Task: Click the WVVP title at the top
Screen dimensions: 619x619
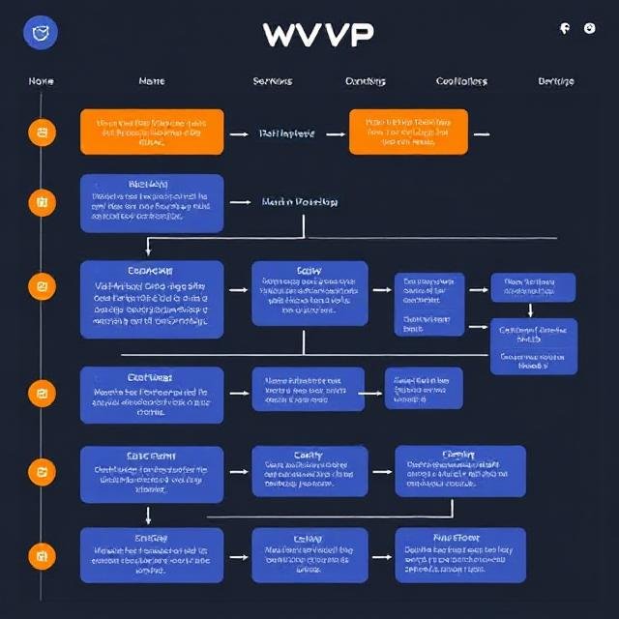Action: point(317,34)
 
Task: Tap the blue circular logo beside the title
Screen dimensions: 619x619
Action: point(41,34)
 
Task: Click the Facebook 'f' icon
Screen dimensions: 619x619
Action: point(565,29)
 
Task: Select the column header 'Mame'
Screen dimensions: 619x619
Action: point(152,81)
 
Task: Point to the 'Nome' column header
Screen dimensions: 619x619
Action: point(41,81)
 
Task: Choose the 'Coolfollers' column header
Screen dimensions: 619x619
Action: point(461,81)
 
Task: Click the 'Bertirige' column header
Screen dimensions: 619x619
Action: point(555,81)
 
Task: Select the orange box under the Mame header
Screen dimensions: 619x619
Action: point(152,132)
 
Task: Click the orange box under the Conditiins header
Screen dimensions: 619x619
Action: point(408,132)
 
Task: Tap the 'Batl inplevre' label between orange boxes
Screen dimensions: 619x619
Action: point(286,134)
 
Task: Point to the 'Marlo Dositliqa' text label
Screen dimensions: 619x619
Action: point(300,203)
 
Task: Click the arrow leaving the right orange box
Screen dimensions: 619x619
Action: point(481,134)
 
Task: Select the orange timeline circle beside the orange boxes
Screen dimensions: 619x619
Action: point(41,132)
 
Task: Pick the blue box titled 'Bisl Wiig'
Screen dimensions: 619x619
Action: point(152,203)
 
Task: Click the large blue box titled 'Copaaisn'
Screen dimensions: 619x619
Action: point(152,298)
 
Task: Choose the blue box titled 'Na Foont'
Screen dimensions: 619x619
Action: point(460,554)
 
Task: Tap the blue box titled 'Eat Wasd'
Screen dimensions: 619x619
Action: point(152,395)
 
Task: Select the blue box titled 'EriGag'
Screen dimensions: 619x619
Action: point(152,554)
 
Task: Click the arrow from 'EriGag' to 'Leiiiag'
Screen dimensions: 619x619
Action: point(237,554)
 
